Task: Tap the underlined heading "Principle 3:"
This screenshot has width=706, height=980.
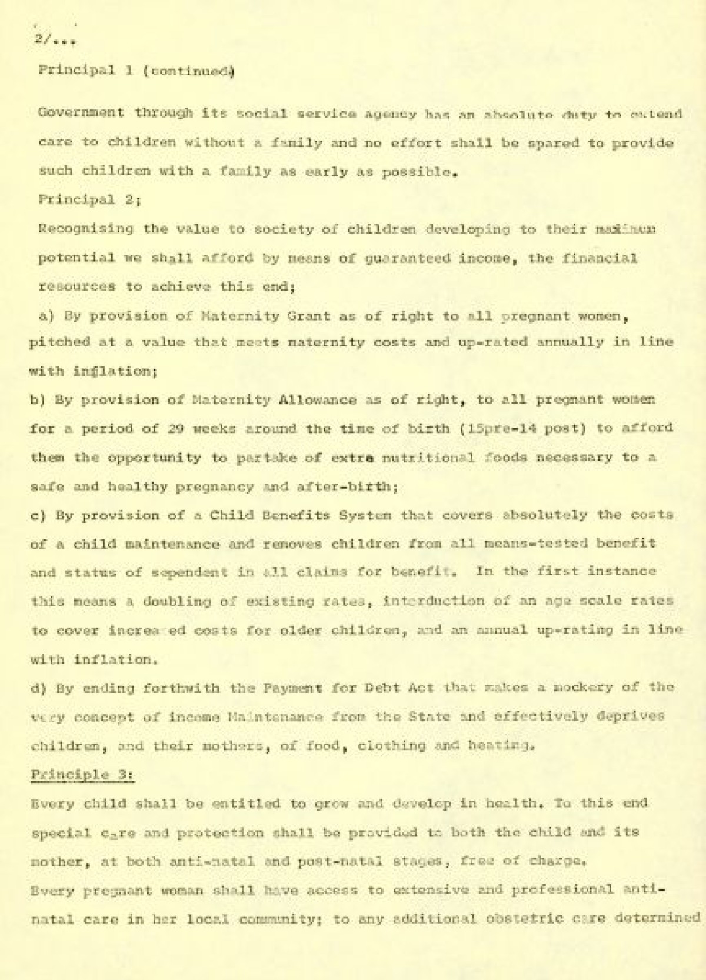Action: [x=82, y=775]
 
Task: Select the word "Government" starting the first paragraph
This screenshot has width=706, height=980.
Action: [x=81, y=112]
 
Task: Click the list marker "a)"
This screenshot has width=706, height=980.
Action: [x=46, y=316]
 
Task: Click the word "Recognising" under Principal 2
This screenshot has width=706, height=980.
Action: [x=86, y=228]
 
